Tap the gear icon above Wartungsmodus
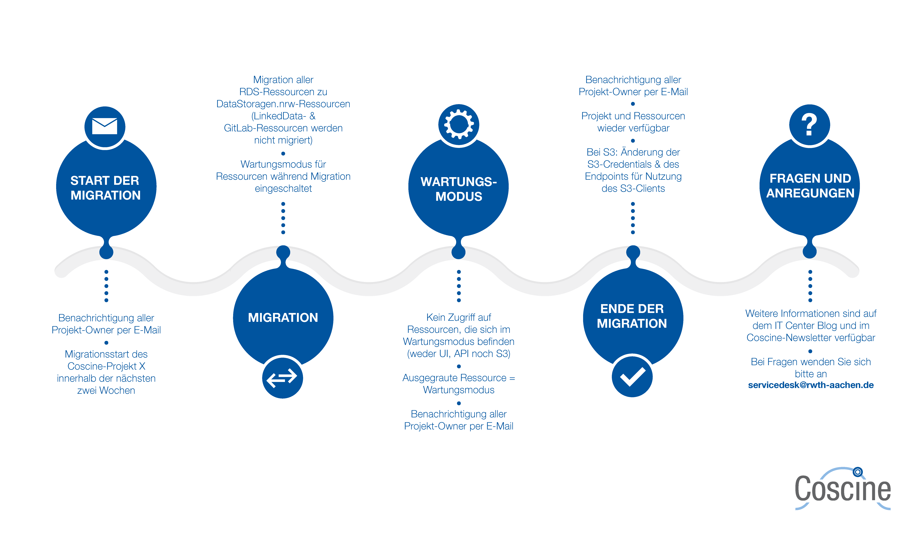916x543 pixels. [459, 124]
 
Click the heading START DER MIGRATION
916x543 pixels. [105, 188]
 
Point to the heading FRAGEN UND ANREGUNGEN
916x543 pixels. [810, 185]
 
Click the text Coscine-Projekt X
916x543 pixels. [106, 366]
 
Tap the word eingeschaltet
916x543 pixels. [283, 188]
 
